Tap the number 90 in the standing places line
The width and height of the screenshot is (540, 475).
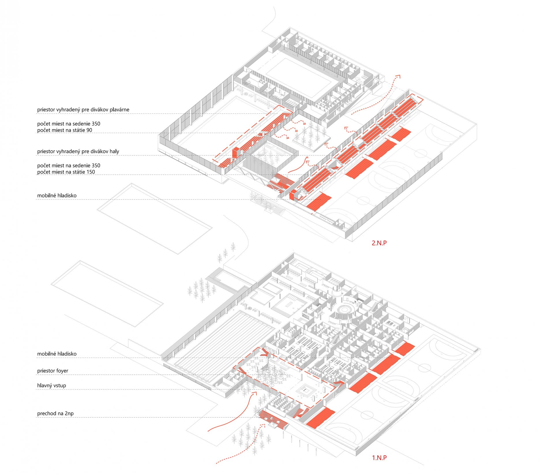(89, 130)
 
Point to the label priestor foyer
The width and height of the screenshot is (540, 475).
(53, 371)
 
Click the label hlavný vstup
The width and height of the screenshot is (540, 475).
(52, 386)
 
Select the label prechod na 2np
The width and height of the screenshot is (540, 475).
(55, 414)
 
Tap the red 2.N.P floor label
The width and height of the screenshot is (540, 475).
(379, 243)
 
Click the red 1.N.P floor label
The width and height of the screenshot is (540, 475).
(379, 458)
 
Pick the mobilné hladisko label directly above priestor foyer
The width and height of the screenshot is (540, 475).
(57, 354)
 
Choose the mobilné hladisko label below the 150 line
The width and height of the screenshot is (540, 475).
(57, 196)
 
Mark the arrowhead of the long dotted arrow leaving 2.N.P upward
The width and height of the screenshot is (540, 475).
(398, 76)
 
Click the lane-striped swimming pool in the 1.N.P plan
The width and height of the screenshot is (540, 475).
(225, 343)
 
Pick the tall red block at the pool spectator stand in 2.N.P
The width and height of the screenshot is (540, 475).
(236, 152)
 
